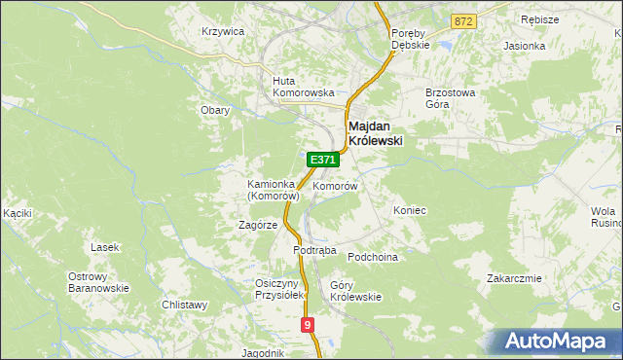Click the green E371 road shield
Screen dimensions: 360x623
(323, 159)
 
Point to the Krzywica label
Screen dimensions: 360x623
(222, 31)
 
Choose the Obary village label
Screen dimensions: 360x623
(215, 110)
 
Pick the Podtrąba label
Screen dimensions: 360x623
(314, 250)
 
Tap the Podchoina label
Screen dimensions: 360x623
(374, 256)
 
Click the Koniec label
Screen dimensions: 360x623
(410, 210)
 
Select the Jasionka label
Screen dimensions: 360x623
(523, 46)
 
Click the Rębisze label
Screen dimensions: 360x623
(540, 19)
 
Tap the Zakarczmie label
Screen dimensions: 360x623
(514, 278)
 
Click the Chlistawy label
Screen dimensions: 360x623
(185, 305)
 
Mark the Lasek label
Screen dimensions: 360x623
(104, 247)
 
